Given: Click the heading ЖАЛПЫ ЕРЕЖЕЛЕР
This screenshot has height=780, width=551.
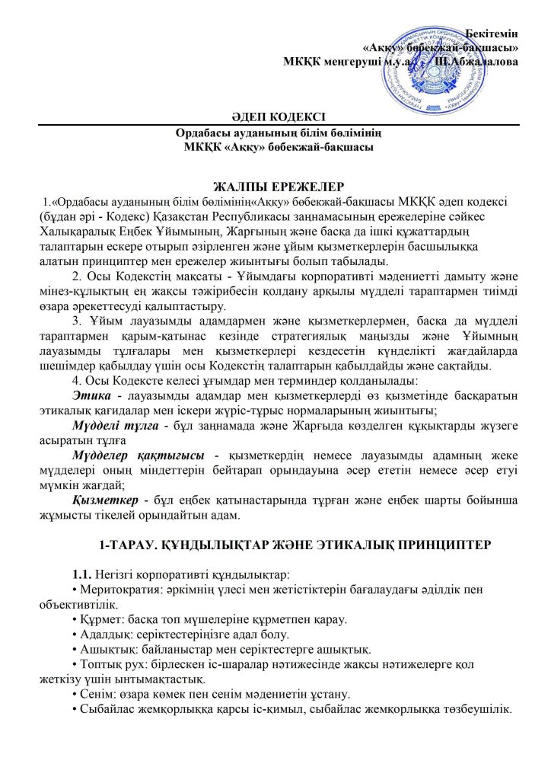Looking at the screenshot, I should (x=275, y=186).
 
